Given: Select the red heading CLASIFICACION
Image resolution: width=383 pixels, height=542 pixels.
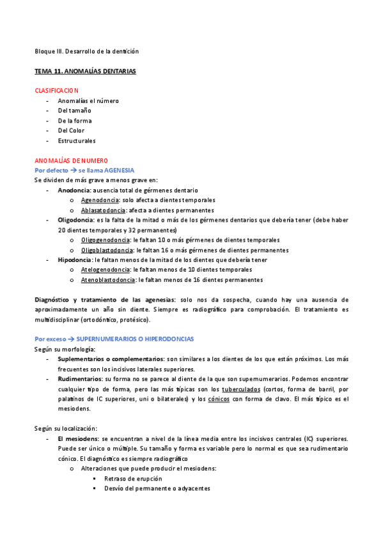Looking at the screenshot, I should [x=57, y=91].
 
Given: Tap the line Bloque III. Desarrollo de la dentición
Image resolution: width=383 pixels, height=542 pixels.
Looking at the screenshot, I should [x=86, y=51].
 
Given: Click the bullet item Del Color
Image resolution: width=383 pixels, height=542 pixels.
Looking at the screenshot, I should [x=71, y=130].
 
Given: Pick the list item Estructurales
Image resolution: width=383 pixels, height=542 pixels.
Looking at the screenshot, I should [x=77, y=141].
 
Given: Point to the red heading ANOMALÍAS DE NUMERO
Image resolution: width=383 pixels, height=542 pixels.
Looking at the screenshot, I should [x=72, y=160].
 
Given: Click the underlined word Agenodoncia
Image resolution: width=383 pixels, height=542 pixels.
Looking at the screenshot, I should [x=100, y=200].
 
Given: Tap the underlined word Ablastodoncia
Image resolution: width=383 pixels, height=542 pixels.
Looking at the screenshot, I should [x=102, y=210].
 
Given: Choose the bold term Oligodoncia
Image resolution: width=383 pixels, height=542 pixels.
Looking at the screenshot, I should [x=75, y=220].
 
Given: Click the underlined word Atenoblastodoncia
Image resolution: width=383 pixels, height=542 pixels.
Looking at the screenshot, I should [x=108, y=280].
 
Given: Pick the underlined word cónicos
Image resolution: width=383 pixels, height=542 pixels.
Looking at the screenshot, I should [x=219, y=399].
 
